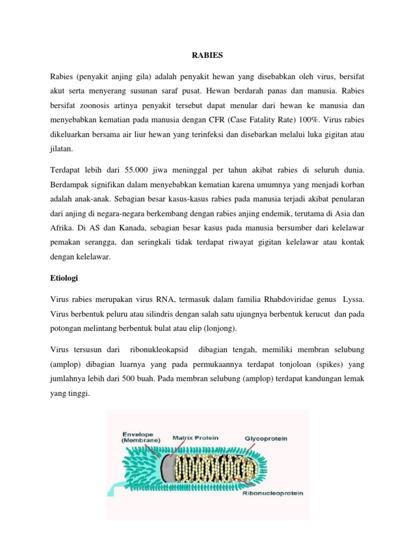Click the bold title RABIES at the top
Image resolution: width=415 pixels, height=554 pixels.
[x=207, y=55]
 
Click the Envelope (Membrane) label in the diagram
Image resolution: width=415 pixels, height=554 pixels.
[x=140, y=437]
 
